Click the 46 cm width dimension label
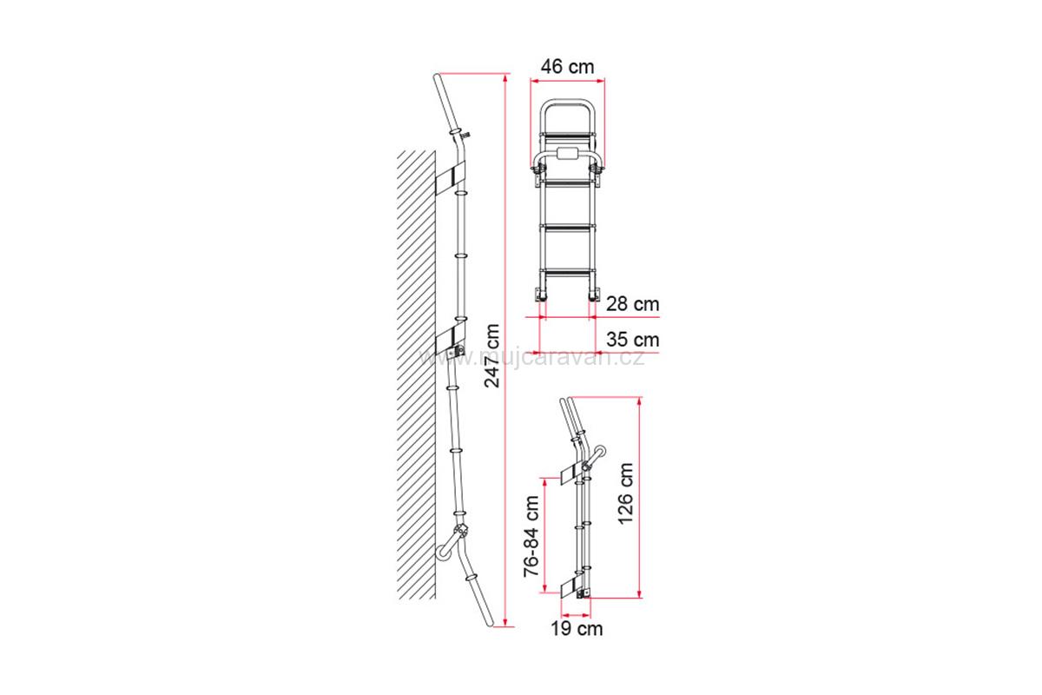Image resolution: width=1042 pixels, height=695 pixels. (567, 67)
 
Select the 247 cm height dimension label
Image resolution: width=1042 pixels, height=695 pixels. (491, 355)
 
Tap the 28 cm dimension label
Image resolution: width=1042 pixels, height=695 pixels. (633, 304)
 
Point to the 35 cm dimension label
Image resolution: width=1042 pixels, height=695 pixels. (633, 340)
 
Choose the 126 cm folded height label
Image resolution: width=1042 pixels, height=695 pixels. (626, 493)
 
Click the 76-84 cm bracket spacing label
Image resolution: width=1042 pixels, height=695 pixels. (531, 536)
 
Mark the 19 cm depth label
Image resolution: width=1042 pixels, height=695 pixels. (577, 628)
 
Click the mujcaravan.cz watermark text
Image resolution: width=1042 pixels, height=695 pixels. (531, 358)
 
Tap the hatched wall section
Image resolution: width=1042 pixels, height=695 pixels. (416, 374)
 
